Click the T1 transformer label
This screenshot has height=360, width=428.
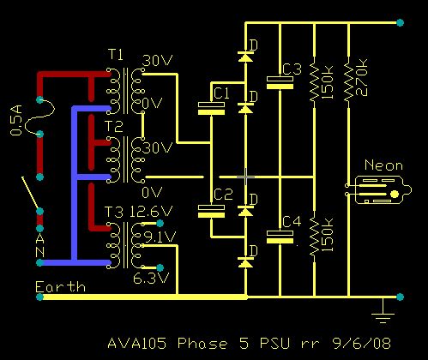115,55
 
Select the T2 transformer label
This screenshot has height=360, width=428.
115,127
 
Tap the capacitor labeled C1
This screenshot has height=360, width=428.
211,108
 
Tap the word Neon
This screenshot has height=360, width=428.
383,165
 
